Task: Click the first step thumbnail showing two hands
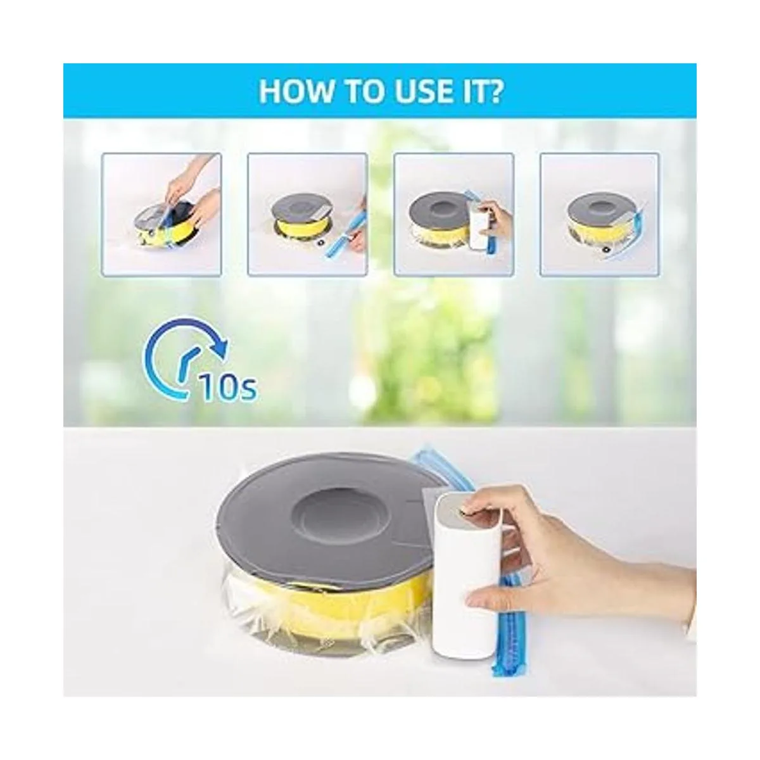point(161,214)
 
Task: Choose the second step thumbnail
point(307,214)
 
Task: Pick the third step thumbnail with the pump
point(453,214)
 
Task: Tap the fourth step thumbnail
point(600,214)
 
